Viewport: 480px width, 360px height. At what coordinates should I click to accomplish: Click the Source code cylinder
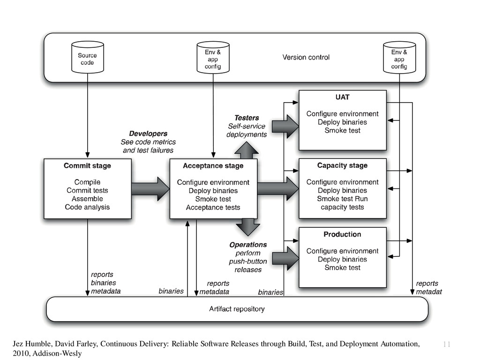(x=87, y=57)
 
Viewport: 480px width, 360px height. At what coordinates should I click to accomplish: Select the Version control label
(x=306, y=57)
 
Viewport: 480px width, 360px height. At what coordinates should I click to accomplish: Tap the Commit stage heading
(x=87, y=165)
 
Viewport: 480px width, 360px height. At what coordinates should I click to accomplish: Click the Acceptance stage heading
(x=213, y=165)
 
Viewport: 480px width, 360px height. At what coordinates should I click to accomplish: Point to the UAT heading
(x=342, y=97)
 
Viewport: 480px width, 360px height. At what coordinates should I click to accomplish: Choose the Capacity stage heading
(x=342, y=165)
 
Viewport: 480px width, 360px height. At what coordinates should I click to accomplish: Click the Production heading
(x=342, y=234)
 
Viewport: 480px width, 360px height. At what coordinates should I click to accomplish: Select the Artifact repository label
(x=237, y=309)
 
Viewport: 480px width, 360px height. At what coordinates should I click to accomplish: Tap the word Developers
(x=148, y=134)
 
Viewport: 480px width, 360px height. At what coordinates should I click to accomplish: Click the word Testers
(x=247, y=118)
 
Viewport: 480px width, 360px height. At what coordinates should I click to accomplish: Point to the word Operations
(x=248, y=245)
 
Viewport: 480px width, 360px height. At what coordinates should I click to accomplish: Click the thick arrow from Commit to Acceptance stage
(x=150, y=188)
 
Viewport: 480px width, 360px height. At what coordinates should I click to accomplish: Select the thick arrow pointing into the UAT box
(x=285, y=126)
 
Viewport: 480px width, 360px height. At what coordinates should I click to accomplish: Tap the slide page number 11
(x=446, y=345)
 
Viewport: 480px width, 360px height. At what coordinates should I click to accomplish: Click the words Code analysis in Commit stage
(x=87, y=207)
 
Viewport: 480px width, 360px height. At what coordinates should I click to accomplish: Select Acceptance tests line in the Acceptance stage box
(x=213, y=207)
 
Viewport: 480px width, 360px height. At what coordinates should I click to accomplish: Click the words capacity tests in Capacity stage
(x=342, y=207)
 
